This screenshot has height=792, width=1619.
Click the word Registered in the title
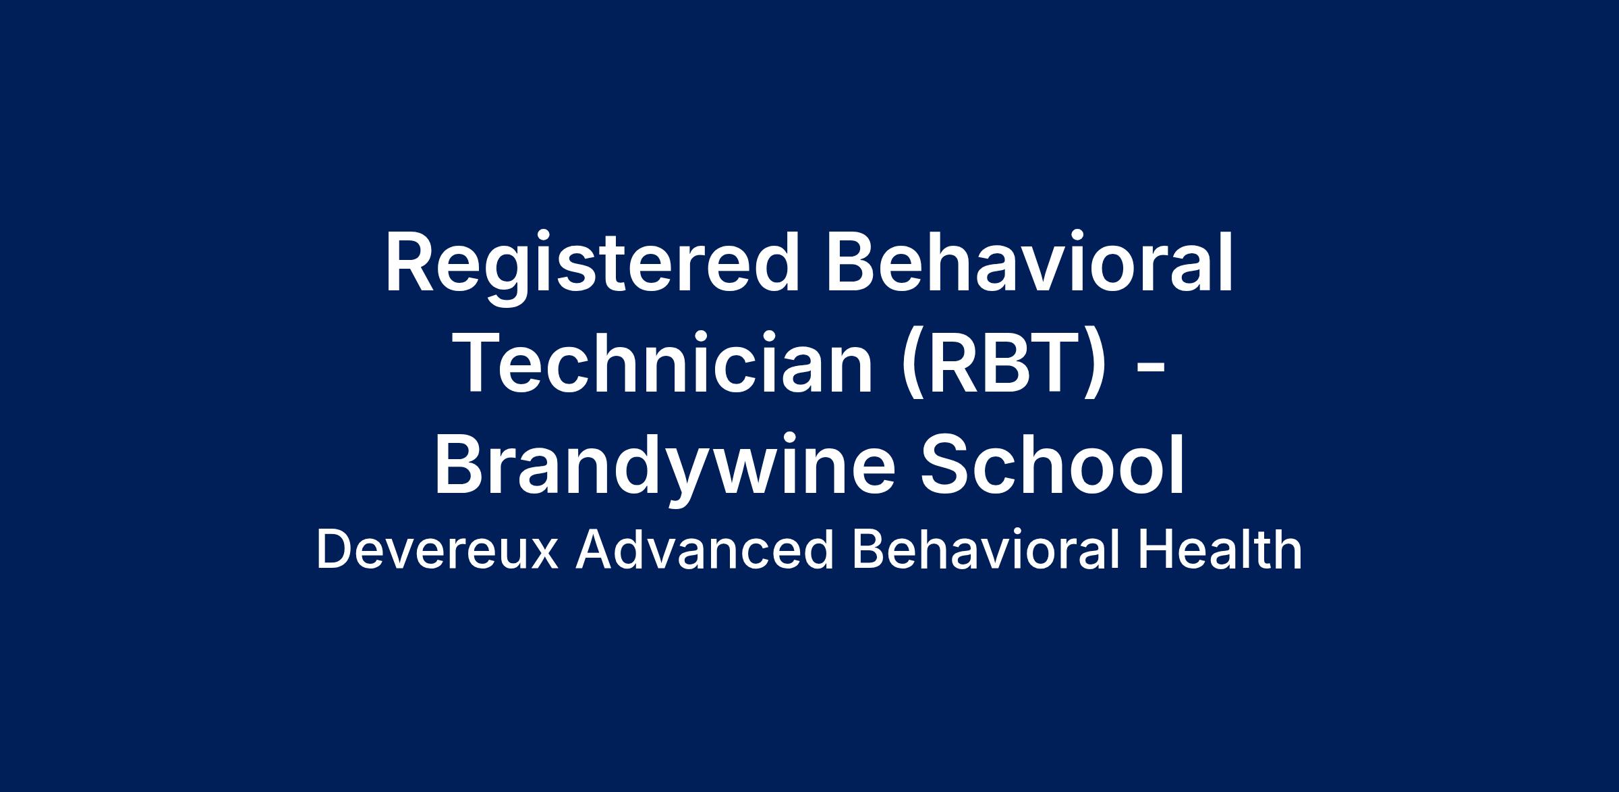(592, 263)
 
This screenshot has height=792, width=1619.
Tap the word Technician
(665, 363)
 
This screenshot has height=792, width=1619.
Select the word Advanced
(704, 550)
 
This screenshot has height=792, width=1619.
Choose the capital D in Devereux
(334, 550)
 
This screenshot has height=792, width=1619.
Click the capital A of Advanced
(595, 550)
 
